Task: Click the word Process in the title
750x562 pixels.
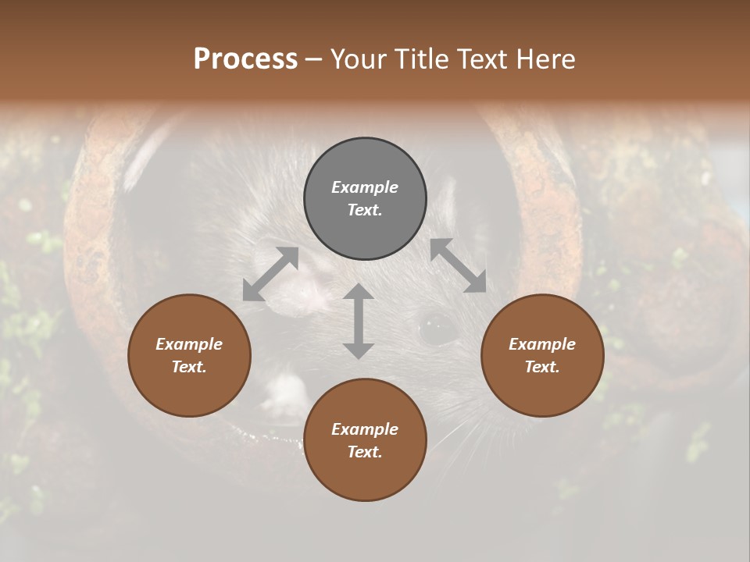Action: [245, 59]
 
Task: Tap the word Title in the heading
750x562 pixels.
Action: [421, 59]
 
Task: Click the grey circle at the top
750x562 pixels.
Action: [365, 198]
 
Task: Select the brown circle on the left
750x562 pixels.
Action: [189, 355]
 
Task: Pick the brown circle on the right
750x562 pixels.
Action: [542, 355]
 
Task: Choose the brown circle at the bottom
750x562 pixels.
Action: [365, 439]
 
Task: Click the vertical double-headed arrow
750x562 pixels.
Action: [359, 321]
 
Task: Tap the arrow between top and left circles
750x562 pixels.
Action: [270, 274]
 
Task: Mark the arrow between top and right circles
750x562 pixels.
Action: [458, 266]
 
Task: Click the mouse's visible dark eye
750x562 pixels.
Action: [437, 328]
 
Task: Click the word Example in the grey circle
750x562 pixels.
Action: [365, 187]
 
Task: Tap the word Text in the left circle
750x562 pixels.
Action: [189, 367]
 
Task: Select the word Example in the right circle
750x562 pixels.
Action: [542, 344]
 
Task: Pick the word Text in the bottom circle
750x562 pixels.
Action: [365, 452]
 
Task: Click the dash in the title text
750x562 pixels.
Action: [313, 59]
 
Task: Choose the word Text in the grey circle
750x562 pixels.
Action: [365, 210]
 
